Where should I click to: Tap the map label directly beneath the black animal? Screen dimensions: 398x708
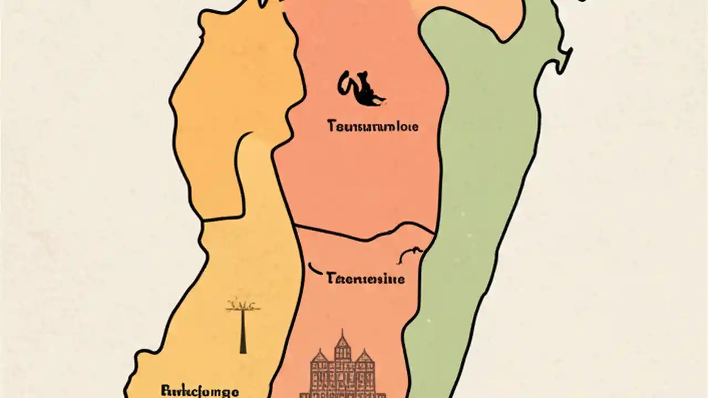coord(373,127)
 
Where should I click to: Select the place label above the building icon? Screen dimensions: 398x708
coord(366,277)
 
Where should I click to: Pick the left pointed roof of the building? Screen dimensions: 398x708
coord(320,357)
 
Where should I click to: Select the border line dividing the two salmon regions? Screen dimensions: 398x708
coord(360,234)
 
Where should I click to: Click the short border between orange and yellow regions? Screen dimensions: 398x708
coord(221,218)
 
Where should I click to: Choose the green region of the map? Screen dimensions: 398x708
coord(481,166)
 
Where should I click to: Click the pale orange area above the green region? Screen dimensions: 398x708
coord(470,11)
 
